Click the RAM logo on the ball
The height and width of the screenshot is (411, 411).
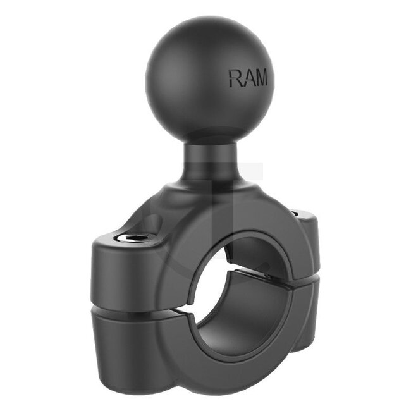point(247,78)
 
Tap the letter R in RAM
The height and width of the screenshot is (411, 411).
point(233,78)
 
